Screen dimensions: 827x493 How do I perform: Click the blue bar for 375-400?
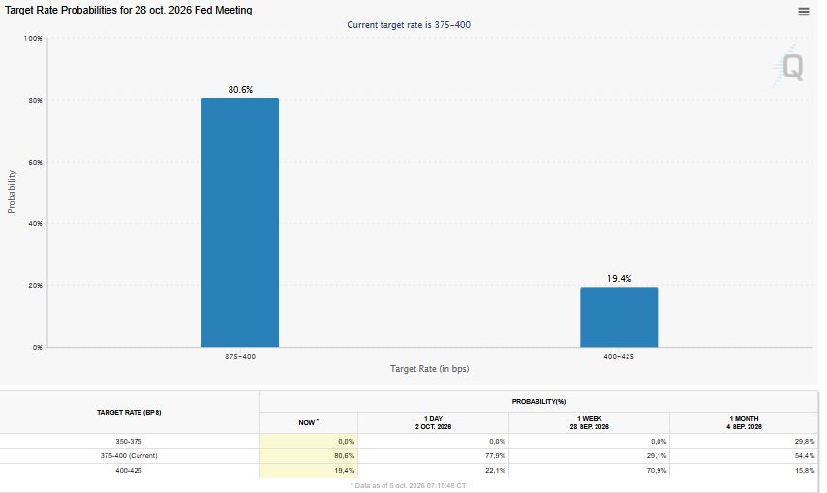[240, 222]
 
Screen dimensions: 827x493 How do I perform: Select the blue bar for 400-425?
[619, 317]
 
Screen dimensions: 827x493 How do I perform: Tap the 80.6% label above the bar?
[240, 90]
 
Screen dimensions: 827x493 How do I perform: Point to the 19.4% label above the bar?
[619, 278]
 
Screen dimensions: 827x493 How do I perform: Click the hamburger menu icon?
[803, 12]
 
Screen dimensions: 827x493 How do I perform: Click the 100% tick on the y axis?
[33, 39]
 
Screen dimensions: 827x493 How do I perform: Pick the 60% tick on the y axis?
[35, 162]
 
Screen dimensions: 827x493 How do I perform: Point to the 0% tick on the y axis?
[38, 347]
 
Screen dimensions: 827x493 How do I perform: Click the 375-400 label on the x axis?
[240, 357]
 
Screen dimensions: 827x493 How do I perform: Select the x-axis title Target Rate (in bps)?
[429, 369]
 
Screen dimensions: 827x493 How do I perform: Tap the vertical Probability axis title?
[12, 192]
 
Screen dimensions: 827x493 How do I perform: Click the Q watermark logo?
[789, 66]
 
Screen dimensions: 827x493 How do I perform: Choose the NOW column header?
[309, 422]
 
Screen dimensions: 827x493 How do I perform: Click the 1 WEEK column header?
[589, 422]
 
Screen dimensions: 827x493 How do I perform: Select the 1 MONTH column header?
[744, 422]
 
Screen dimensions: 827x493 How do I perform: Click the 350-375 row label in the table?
[129, 442]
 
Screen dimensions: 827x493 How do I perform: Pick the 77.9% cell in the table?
[496, 455]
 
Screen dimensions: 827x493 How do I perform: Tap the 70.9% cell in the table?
[657, 471]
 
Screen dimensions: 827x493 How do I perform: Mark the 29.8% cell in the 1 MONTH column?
[805, 442]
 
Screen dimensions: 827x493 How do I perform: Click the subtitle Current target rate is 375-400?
[409, 25]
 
